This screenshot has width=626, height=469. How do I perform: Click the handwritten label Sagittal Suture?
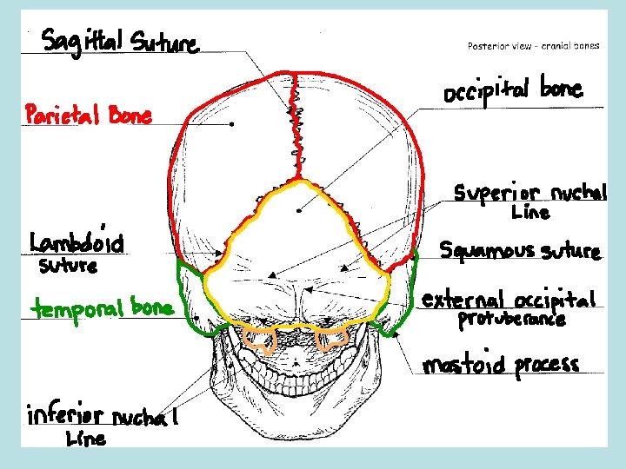pos(120,40)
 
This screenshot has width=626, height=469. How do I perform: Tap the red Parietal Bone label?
pos(89,115)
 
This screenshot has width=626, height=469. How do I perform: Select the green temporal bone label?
pos(103,307)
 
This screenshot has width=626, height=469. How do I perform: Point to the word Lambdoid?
pos(77,241)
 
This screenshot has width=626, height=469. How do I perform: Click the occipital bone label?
pos(513,90)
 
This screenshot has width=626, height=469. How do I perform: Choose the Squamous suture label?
pos(519,251)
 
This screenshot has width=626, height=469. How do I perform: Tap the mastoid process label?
pos(501,365)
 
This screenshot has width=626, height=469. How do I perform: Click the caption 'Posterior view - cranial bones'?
pos(533,45)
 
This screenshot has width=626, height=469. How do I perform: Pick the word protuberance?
pos(511,320)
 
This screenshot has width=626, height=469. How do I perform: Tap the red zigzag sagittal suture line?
pos(299,130)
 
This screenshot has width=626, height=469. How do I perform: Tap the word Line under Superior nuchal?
pos(530,213)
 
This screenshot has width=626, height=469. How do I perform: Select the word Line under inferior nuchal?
pos(86,439)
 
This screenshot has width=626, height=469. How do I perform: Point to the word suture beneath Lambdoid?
pos(69,266)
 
